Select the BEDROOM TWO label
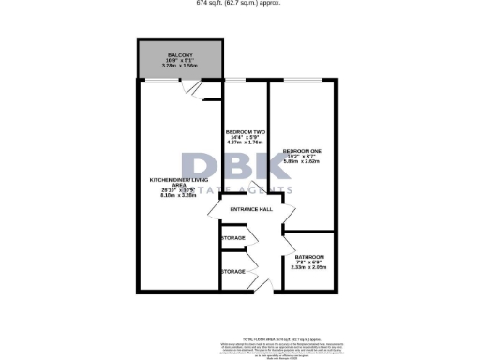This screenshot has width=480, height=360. coord(245,132)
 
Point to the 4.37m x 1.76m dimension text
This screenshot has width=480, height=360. coord(245,143)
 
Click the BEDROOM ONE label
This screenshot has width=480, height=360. coord(302,150)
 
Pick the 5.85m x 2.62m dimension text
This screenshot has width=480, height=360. coord(302,161)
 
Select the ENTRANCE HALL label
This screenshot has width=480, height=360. coord(251,209)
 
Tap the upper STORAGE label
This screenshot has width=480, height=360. coord(233,239)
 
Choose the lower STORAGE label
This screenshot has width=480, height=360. coord(233,271)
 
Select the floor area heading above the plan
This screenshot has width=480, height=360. coord(239,3)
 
